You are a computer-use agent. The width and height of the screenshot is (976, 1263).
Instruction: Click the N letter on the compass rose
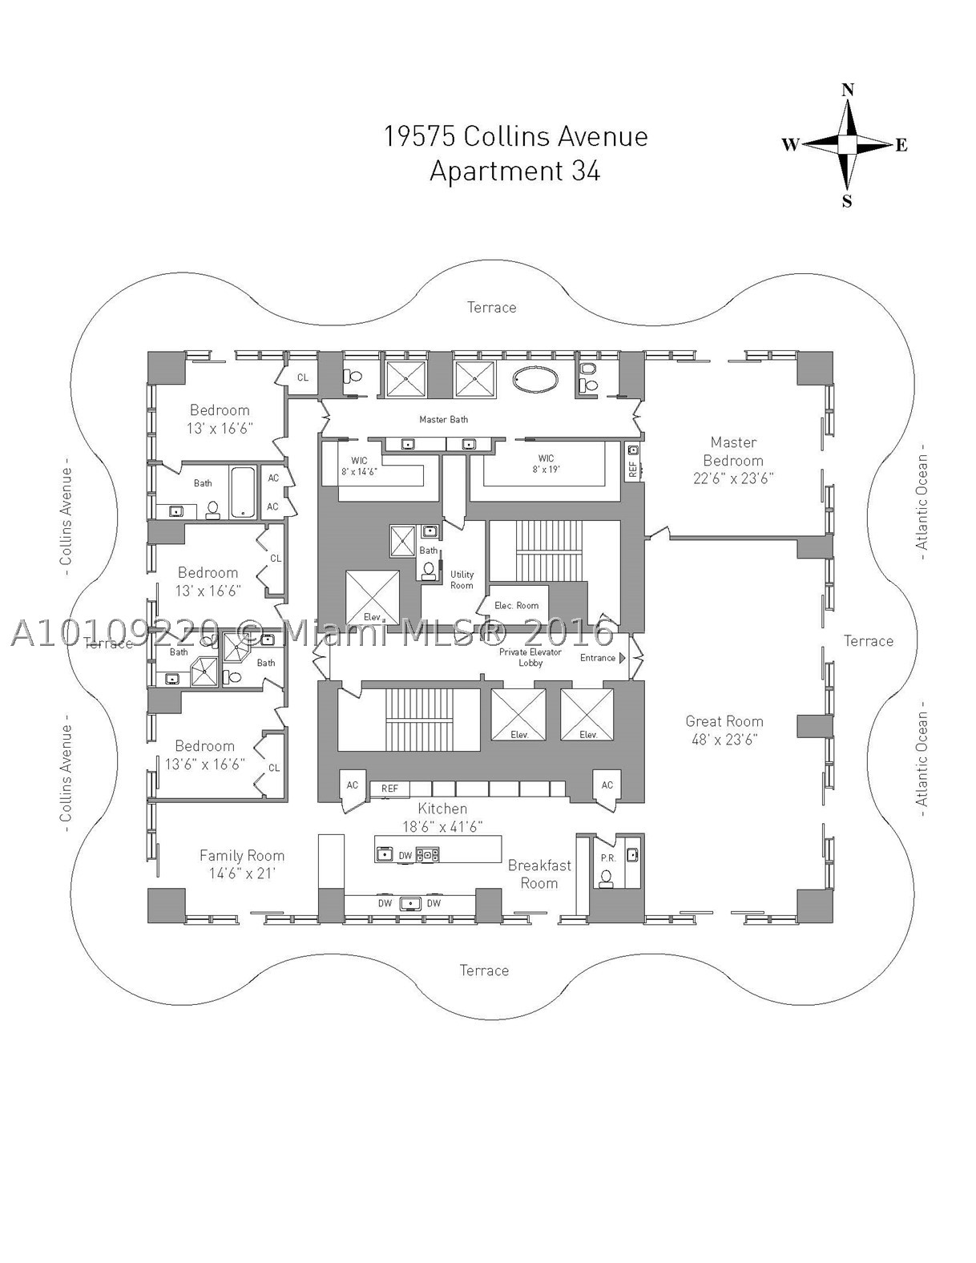(848, 90)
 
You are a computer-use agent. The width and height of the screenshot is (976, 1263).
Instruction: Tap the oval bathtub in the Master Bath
(535, 380)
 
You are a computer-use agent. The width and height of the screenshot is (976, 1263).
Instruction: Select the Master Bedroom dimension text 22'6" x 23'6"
(733, 478)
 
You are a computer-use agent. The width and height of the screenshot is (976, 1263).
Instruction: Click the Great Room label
(724, 721)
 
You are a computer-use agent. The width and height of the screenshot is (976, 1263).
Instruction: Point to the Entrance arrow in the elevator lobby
(622, 658)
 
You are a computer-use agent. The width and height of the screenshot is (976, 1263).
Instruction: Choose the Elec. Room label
(517, 606)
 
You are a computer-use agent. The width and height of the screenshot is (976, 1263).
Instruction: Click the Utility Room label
(462, 580)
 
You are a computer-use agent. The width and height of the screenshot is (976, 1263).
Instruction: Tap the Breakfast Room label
(540, 874)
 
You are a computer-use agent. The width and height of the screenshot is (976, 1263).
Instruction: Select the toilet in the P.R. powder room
(606, 879)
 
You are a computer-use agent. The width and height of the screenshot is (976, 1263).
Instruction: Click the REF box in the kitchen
(389, 789)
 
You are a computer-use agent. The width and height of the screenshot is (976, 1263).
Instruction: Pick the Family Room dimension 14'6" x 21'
(242, 874)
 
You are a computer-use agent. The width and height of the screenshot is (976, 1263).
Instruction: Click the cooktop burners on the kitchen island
(430, 854)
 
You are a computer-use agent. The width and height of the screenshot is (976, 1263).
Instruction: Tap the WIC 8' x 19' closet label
(546, 464)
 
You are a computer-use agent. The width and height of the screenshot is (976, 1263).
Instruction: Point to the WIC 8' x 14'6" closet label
(359, 466)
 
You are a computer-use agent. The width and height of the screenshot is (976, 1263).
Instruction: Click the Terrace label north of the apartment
(491, 308)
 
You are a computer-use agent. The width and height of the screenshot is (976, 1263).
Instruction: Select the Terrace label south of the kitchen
(484, 970)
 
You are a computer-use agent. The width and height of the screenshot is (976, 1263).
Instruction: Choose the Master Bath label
(443, 419)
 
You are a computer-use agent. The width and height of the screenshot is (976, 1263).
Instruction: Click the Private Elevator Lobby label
(530, 657)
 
